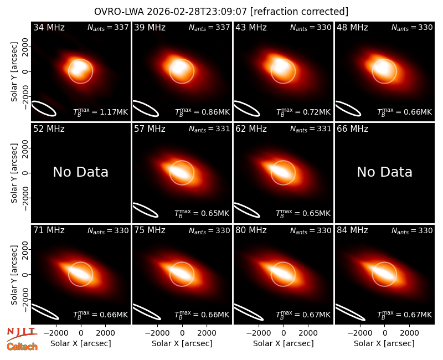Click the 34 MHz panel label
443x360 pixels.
[49, 27]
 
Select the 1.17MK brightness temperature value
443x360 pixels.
[114, 112]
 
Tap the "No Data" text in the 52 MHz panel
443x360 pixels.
[80, 172]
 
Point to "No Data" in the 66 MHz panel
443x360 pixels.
[384, 172]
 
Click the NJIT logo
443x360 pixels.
[22, 334]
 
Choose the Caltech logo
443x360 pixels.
[22, 347]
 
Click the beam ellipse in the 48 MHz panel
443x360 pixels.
[348, 109]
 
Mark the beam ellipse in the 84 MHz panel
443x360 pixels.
[350, 312]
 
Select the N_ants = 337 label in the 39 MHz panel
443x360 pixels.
[209, 27]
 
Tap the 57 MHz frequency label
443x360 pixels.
[150, 129]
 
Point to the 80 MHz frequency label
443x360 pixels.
[251, 230]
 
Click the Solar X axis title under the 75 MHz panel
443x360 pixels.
[182, 343]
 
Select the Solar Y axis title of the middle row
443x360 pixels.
[14, 173]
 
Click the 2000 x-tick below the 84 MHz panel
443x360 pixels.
[409, 333]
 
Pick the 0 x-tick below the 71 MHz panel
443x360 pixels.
[81, 333]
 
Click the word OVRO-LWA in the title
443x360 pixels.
[119, 12]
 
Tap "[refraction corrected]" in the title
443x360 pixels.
[300, 12]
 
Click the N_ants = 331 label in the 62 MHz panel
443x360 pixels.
[311, 129]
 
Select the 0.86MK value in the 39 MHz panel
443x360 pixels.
[215, 112]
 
